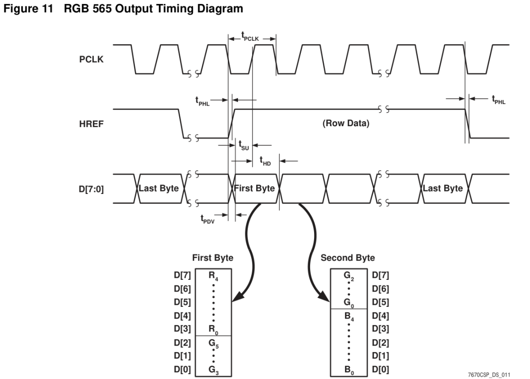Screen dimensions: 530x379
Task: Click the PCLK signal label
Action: [x=91, y=59]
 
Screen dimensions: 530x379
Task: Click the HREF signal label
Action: [x=91, y=124]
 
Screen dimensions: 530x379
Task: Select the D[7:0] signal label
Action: [x=91, y=189]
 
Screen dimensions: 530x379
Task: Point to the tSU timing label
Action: [x=244, y=145]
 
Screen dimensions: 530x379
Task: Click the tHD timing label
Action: [x=265, y=161]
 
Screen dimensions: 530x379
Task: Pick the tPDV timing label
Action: [x=208, y=219]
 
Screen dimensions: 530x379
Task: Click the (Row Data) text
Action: [x=346, y=123]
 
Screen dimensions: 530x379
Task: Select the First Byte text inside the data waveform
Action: [x=255, y=189]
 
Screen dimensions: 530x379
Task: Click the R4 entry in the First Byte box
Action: [x=213, y=276]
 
